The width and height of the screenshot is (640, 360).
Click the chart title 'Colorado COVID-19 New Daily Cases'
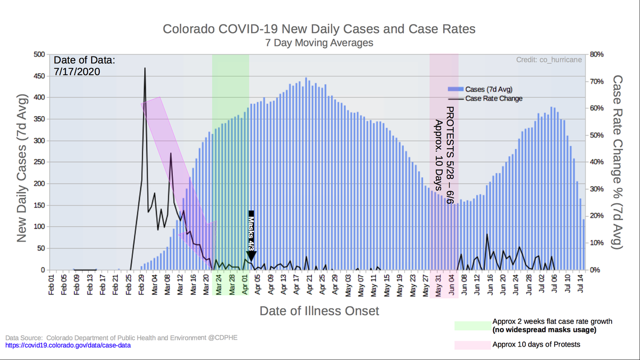point(318,29)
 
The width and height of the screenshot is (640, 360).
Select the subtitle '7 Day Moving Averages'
point(319,43)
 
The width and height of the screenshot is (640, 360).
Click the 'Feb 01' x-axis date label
point(52,284)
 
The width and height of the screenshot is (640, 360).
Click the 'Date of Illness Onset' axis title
point(319,310)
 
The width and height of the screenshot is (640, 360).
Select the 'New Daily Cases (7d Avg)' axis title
point(21,161)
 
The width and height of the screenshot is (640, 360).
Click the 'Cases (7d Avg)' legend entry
point(489,89)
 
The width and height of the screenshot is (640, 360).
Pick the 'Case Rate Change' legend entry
point(493,98)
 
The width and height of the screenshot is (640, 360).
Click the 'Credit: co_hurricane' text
point(549,60)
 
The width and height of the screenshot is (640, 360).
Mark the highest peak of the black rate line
point(145,69)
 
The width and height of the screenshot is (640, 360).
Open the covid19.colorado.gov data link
point(68,346)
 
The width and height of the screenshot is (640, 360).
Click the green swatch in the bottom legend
point(472,326)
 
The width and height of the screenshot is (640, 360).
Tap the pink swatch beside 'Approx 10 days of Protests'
point(472,345)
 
